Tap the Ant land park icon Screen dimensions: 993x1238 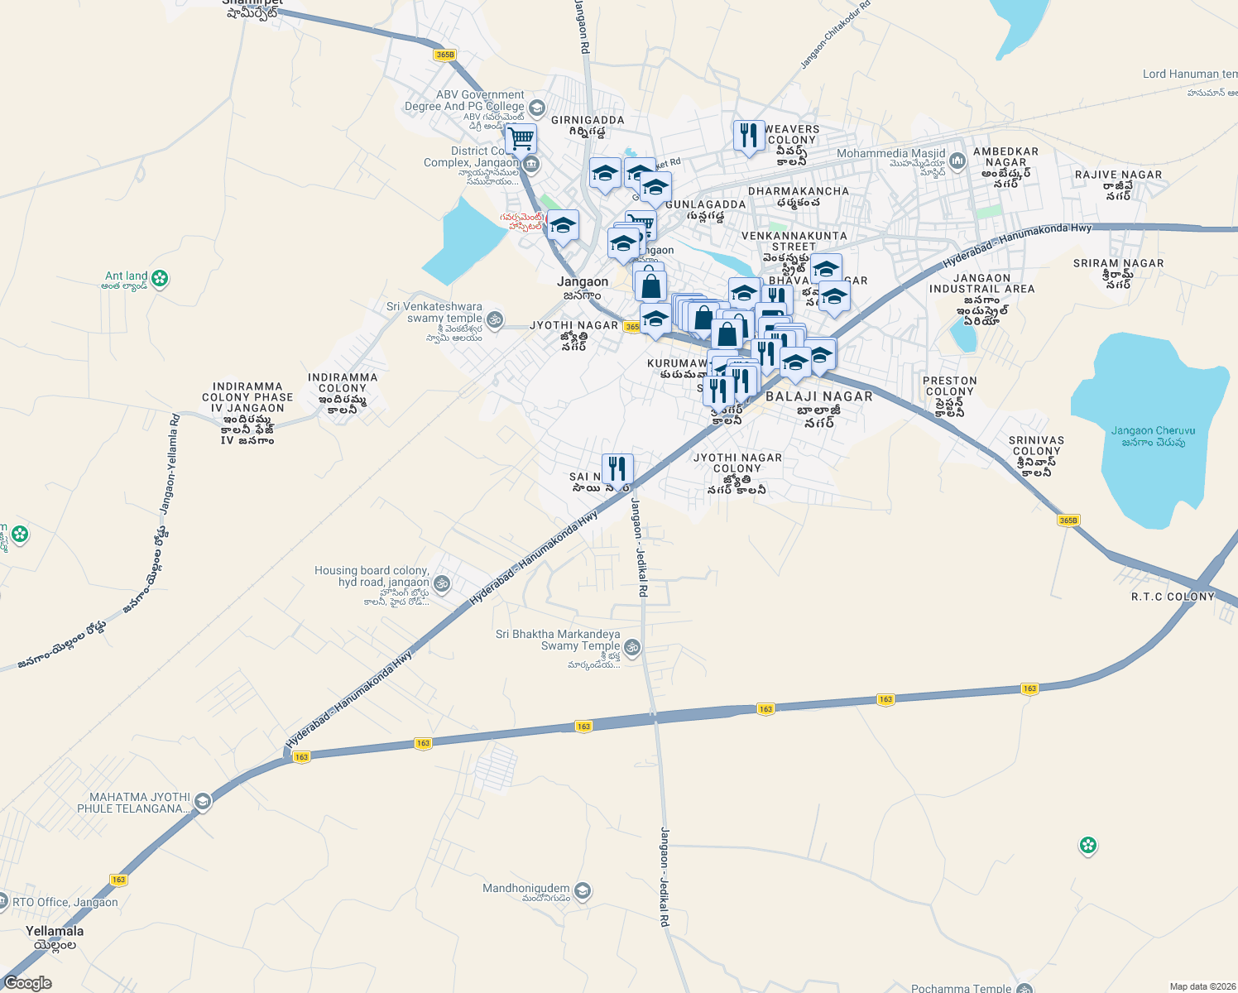point(161,279)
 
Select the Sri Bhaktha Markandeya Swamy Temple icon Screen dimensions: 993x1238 point(632,647)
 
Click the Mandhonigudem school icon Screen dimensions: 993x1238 point(583,891)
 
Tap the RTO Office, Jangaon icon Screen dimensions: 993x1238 point(3,903)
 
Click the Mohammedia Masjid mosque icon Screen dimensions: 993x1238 point(957,161)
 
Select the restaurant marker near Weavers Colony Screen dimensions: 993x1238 point(749,136)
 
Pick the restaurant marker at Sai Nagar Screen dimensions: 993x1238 point(617,469)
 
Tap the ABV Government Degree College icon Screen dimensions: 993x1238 point(536,108)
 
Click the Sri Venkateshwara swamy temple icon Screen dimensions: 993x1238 point(495,319)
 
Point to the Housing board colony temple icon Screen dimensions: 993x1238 point(442,583)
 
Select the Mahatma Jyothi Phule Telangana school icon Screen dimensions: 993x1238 point(203,801)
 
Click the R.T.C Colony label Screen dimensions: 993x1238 point(1173,597)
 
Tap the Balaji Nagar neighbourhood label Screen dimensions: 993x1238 point(818,397)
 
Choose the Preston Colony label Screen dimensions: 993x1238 point(950,386)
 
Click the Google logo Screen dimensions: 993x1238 point(27,983)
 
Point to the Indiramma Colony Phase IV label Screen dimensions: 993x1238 point(247,397)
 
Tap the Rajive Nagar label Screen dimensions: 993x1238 point(1118,175)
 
